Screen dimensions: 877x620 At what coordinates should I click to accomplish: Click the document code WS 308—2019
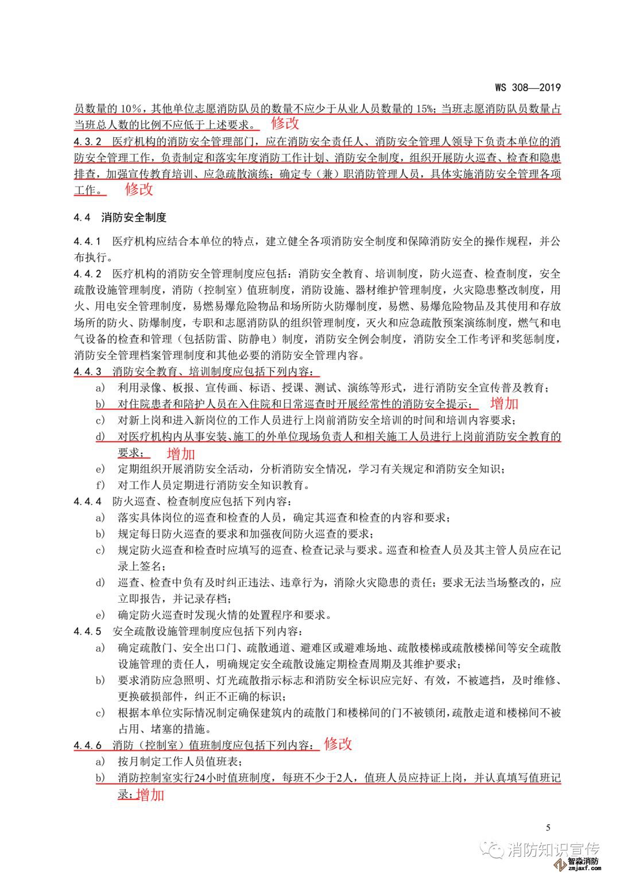pos(527,88)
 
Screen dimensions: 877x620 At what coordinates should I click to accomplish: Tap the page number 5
pos(548,827)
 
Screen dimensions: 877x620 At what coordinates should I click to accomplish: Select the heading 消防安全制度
pos(134,218)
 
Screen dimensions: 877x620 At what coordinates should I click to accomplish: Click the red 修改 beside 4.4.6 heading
pos(338,744)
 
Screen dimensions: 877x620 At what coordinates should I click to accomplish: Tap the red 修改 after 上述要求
pos(285,122)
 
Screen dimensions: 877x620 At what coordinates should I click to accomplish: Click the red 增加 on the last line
pos(150,795)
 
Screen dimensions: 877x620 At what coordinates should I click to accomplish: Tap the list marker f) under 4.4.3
pos(100,485)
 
